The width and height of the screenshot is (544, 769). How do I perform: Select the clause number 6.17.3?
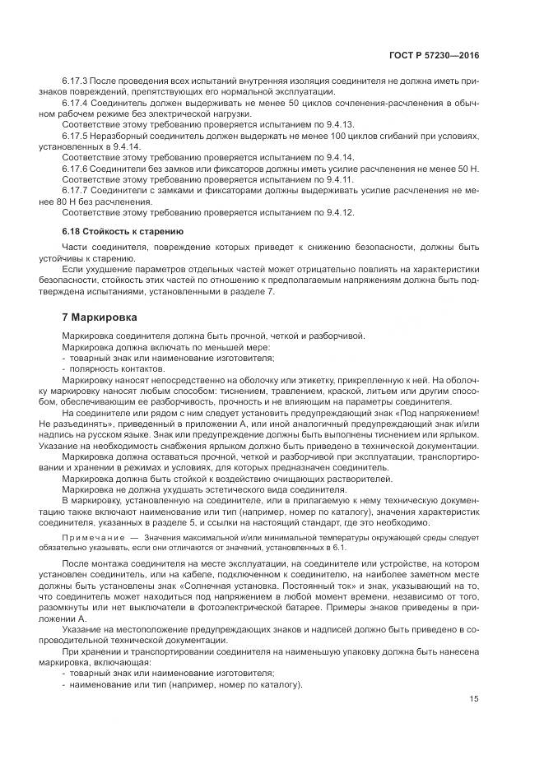77,81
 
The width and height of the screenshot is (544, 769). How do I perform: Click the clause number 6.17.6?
77,167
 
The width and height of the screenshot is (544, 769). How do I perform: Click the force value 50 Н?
469,168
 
